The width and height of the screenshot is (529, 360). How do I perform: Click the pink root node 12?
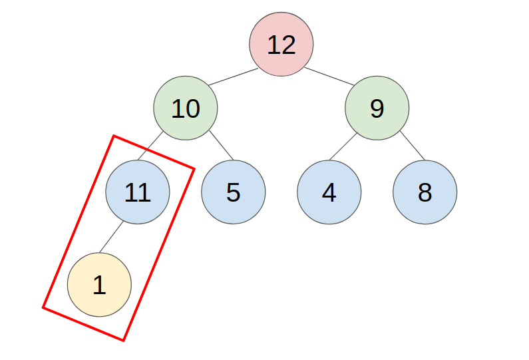tap(281, 45)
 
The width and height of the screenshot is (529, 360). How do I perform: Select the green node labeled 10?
tap(186, 108)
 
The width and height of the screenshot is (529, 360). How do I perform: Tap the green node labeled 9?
tap(377, 108)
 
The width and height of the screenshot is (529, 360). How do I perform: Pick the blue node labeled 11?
tap(138, 192)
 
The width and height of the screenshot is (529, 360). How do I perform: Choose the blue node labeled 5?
tap(233, 192)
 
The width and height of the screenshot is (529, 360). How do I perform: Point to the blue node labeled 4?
tap(329, 192)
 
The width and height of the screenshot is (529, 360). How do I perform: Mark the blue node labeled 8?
tap(425, 192)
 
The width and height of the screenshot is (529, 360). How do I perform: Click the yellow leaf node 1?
tap(99, 285)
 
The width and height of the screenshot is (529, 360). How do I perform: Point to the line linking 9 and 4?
tap(343, 147)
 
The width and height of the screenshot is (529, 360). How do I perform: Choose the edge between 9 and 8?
tap(412, 146)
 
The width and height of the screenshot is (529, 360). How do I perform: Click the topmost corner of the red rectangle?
tap(114, 136)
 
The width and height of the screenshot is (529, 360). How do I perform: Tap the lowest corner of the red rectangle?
tap(124, 341)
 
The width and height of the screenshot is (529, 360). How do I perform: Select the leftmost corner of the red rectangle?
tap(43, 307)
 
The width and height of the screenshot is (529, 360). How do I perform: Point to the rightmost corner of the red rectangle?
tap(194, 168)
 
